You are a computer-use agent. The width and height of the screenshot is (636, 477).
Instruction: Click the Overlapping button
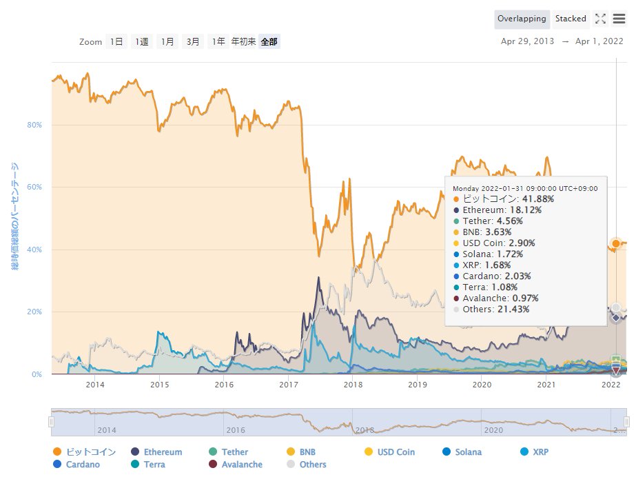(x=522, y=19)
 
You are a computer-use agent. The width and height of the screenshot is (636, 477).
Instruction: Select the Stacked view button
(x=571, y=19)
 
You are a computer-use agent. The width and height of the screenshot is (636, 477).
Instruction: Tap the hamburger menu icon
(x=619, y=19)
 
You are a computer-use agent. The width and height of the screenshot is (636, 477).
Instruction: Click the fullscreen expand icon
(x=600, y=19)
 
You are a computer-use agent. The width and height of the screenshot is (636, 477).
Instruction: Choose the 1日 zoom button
(x=116, y=42)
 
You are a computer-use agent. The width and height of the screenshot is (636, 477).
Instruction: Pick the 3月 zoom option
(x=193, y=42)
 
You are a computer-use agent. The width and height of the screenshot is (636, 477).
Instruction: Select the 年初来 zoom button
(x=243, y=42)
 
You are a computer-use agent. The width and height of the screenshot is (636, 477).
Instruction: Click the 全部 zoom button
(x=269, y=42)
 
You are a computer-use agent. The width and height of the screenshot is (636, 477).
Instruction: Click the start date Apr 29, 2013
(x=527, y=41)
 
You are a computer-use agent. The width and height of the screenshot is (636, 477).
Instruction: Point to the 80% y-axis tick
(x=34, y=125)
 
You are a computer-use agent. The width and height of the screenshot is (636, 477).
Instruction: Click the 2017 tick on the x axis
(x=288, y=384)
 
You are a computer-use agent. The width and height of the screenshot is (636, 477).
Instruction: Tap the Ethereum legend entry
(x=163, y=452)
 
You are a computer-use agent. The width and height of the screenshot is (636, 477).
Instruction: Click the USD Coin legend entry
(x=396, y=452)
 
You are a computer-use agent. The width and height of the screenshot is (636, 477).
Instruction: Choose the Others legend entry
(x=313, y=465)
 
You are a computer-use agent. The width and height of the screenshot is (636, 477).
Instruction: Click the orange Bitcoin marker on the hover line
(x=616, y=243)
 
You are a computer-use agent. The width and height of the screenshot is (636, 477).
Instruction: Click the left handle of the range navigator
(x=51, y=421)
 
